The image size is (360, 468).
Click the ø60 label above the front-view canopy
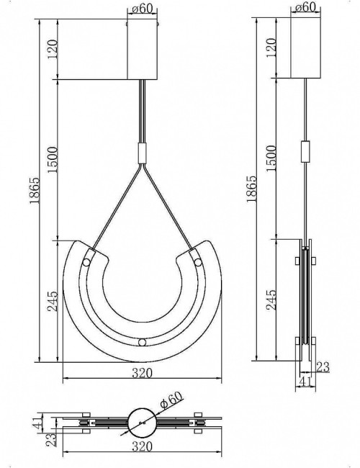pyautogui.click(x=143, y=9)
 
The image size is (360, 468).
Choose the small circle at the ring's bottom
pyautogui.click(x=143, y=341)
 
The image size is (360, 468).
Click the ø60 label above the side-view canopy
pyautogui.click(x=306, y=9)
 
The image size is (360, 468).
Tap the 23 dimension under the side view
pyautogui.click(x=323, y=368)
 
